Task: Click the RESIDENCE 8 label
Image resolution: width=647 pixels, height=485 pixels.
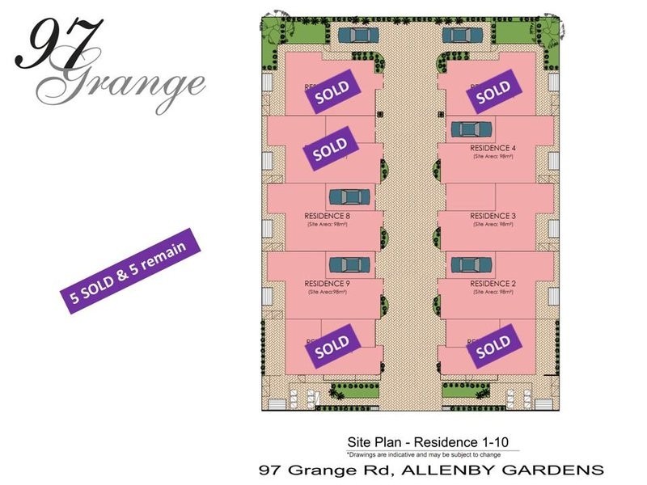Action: pos(327,216)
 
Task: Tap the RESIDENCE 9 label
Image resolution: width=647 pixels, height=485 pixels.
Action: pos(327,284)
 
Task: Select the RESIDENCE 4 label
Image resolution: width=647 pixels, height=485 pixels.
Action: pos(493,149)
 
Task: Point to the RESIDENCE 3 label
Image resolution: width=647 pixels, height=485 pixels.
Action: pos(493,216)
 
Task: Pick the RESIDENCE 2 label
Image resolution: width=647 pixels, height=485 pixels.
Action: pos(493,284)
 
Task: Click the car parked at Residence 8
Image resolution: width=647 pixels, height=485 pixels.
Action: pos(349,196)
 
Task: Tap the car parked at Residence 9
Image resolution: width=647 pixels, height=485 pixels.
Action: pos(349,264)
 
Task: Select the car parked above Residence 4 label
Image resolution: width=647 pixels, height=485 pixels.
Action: pos(468,129)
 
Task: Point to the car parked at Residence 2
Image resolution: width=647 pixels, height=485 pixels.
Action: pos(467,264)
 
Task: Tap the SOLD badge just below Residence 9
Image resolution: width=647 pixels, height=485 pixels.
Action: pos(331,346)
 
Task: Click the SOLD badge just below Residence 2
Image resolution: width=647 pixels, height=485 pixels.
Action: pos(494,346)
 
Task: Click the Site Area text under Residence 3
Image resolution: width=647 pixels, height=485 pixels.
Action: pos(493,224)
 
